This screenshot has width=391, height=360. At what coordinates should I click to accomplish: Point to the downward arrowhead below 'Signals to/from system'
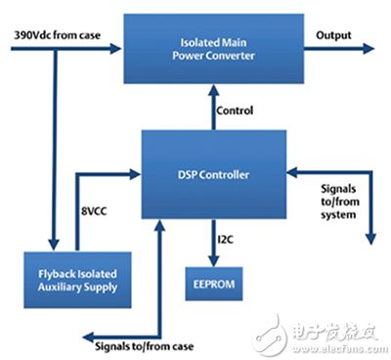pyautogui.click(x=369, y=238)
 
